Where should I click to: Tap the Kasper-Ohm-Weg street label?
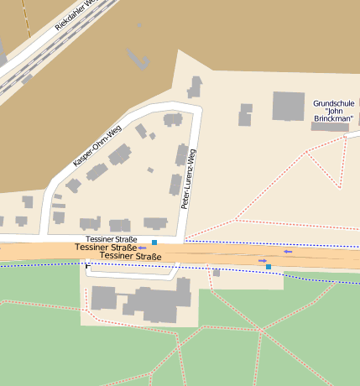(x=97, y=143)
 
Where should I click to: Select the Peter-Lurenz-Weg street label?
(x=190, y=179)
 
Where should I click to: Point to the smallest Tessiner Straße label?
(x=111, y=239)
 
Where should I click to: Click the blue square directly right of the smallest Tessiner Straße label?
(x=154, y=243)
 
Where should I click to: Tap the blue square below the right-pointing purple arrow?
(x=269, y=267)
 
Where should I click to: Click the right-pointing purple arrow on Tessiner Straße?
(x=263, y=261)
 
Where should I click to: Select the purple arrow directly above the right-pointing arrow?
(x=288, y=251)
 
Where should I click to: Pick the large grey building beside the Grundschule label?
(x=288, y=106)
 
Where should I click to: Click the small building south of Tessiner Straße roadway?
(x=216, y=273)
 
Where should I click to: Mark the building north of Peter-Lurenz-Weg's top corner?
(x=195, y=86)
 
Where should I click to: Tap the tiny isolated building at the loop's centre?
(x=150, y=170)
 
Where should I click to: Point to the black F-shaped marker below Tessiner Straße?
(x=87, y=266)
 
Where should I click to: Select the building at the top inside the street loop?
(x=173, y=119)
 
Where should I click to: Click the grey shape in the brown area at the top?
(x=135, y=56)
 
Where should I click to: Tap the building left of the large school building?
(x=245, y=114)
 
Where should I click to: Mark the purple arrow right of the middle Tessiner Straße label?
(x=143, y=248)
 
